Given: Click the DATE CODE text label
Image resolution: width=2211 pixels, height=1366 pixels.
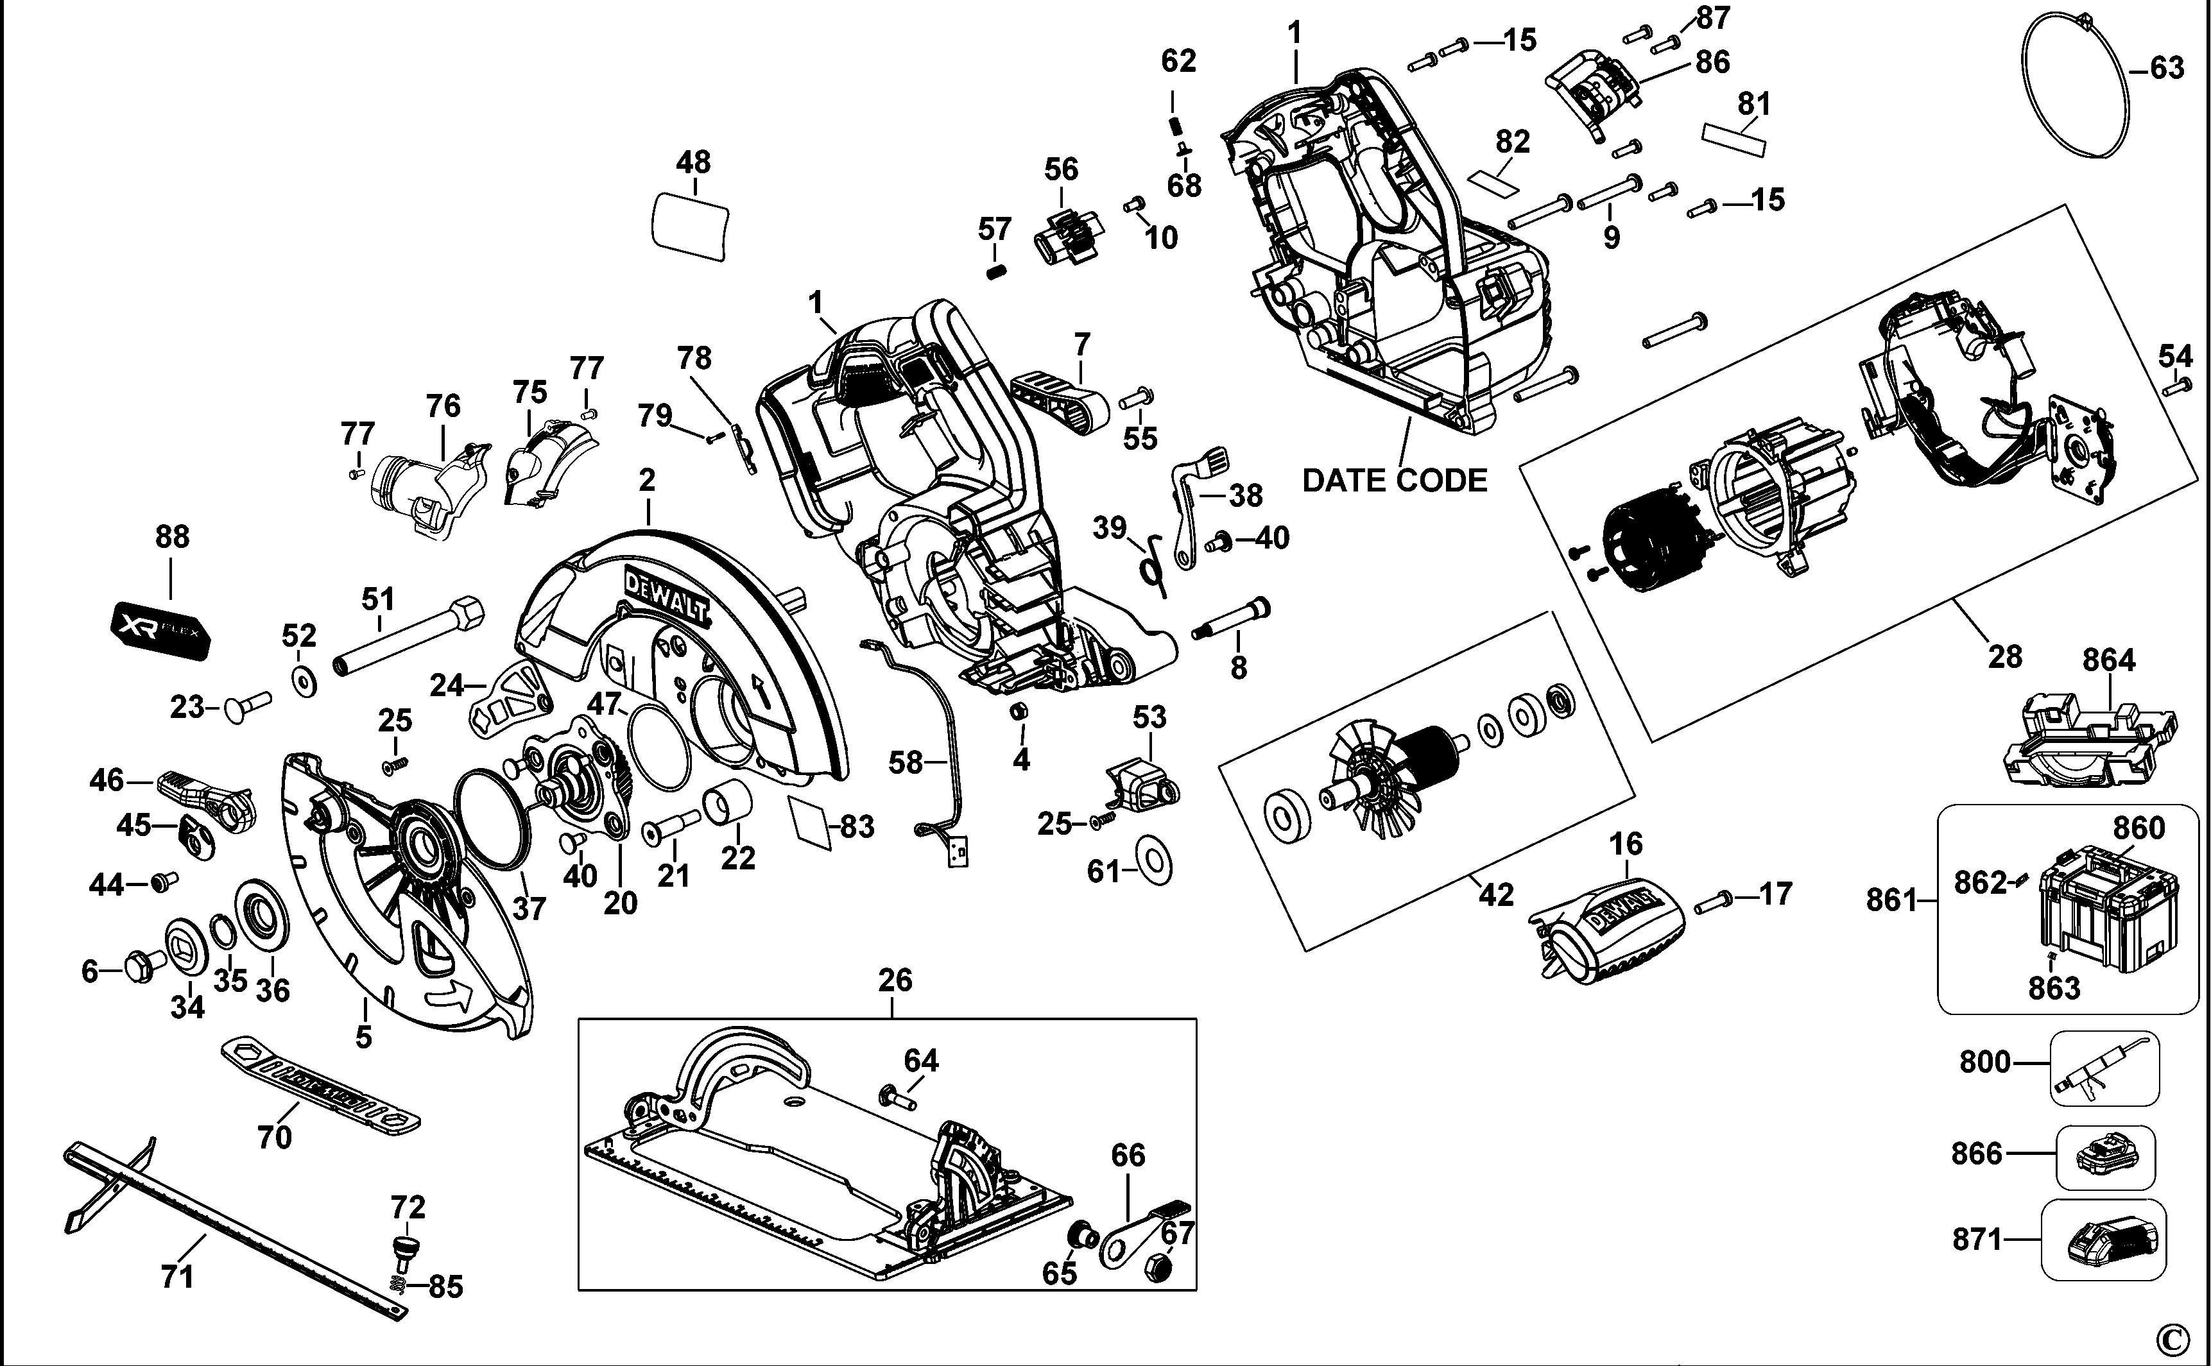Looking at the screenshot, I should pyautogui.click(x=1394, y=481).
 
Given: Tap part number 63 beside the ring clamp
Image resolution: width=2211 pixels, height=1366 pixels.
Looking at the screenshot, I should pyautogui.click(x=2167, y=69).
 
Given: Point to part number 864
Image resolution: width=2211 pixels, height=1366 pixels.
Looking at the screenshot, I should pyautogui.click(x=2109, y=660).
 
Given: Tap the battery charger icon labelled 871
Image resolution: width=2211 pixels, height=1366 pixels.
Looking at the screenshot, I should pyautogui.click(x=2102, y=1242).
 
